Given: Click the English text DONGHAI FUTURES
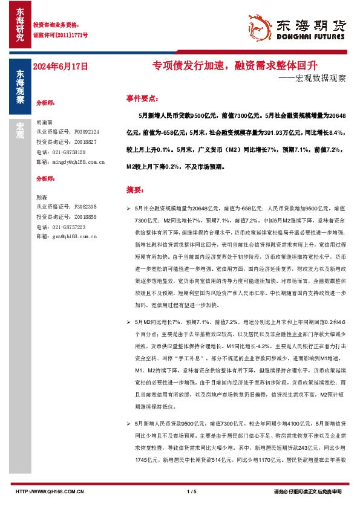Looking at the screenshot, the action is [310, 36].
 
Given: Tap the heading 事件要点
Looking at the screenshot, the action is [142, 98].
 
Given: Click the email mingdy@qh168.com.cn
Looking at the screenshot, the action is [71, 162].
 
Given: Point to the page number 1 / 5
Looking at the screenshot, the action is [193, 491].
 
